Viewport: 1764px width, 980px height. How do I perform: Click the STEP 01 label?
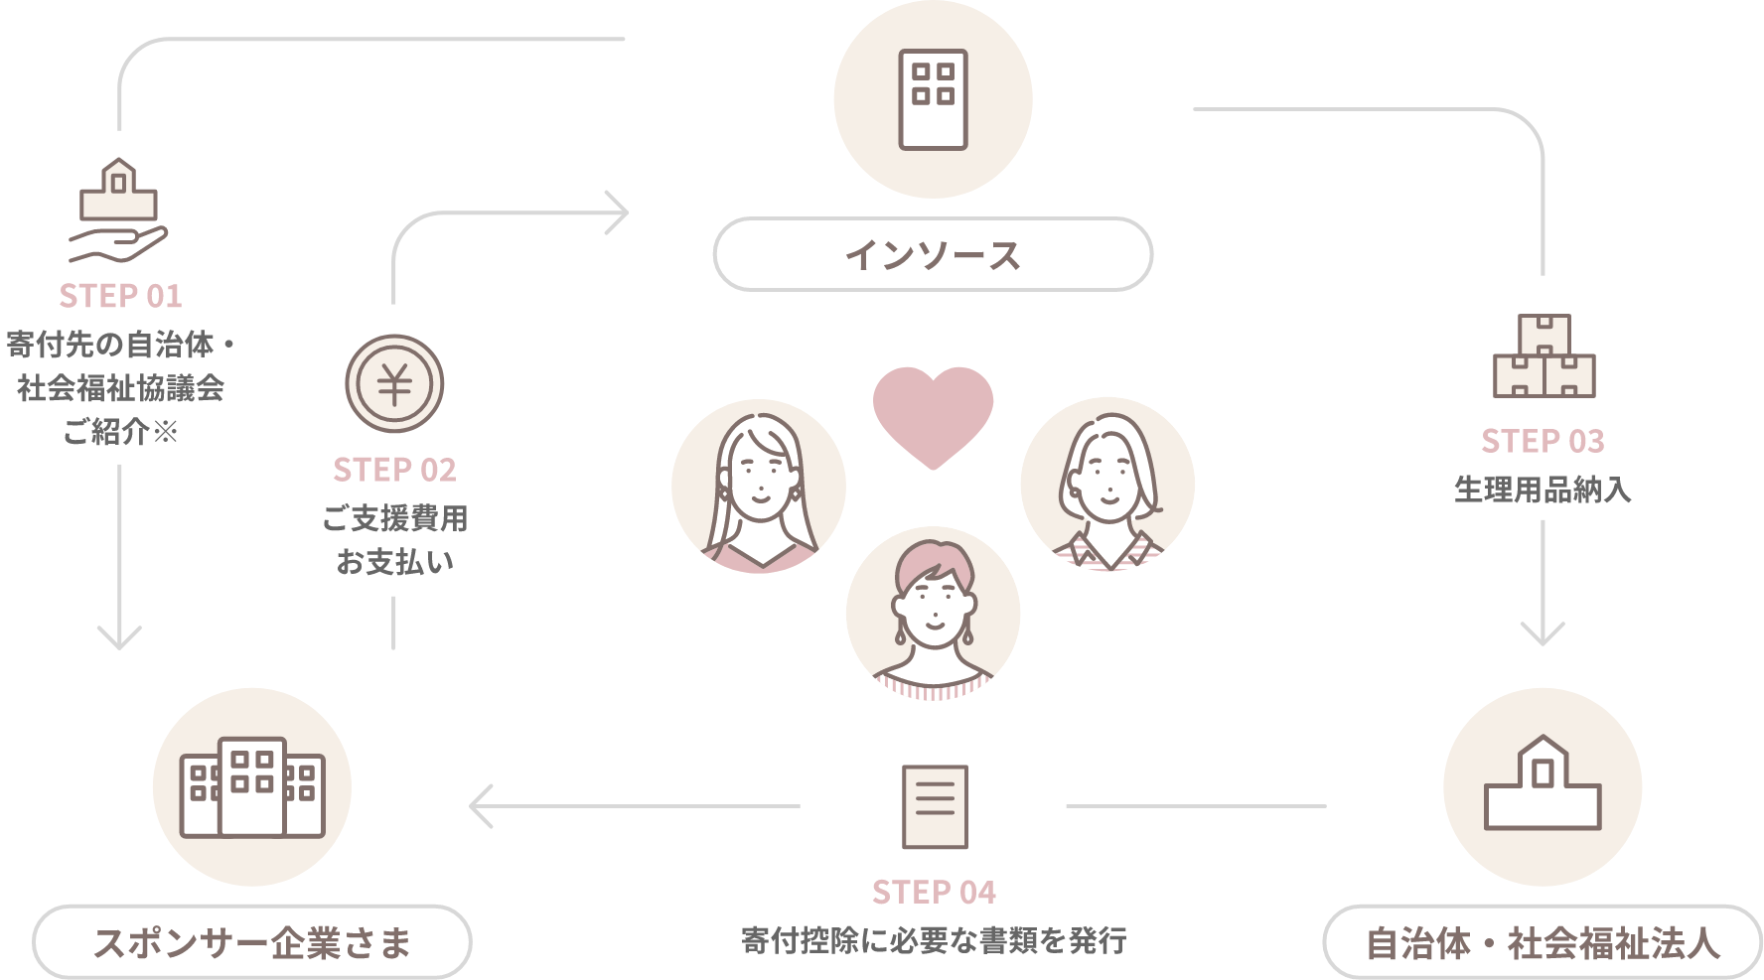[x=120, y=296]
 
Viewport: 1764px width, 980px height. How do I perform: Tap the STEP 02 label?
[x=394, y=470]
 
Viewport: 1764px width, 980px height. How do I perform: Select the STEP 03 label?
[x=1543, y=441]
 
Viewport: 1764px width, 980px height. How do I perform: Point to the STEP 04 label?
[x=934, y=893]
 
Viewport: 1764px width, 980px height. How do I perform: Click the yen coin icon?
[x=394, y=384]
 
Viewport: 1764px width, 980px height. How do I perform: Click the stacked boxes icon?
[x=1543, y=357]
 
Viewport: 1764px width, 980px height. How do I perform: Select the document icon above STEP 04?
[x=934, y=807]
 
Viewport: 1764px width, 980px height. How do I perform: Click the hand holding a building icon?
[x=118, y=210]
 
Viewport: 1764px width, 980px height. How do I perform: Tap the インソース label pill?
[x=933, y=255]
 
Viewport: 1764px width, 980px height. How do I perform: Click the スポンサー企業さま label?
[x=252, y=942]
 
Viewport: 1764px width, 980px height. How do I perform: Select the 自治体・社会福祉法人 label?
[x=1543, y=942]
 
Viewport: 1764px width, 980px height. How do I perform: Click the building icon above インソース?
[x=933, y=99]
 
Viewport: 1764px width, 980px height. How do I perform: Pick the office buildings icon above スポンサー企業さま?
[x=252, y=787]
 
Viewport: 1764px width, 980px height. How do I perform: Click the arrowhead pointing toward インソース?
[x=620, y=211]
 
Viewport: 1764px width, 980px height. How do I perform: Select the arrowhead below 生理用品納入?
[x=1543, y=633]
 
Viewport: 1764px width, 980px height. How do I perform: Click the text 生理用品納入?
[x=1543, y=490]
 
